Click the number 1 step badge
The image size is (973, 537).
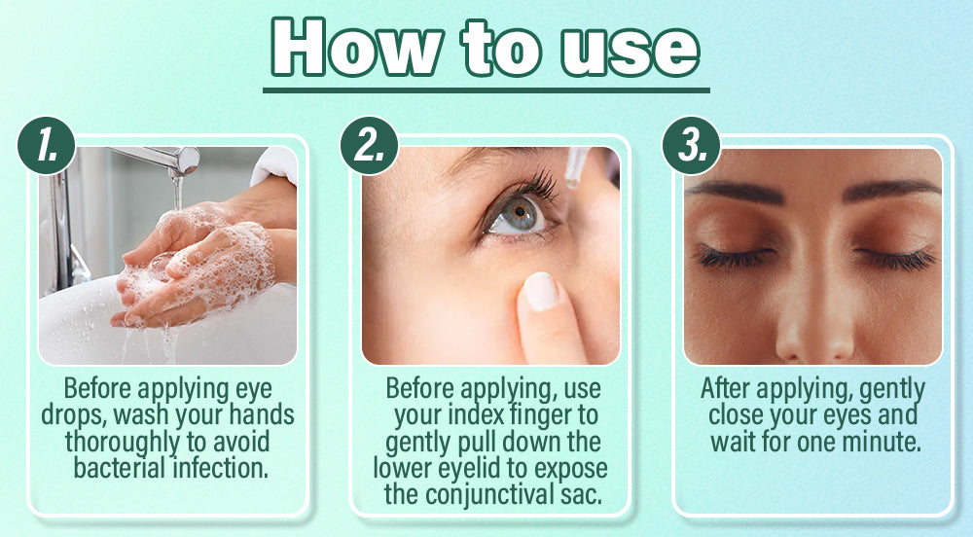click(47, 146)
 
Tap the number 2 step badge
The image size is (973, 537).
click(369, 146)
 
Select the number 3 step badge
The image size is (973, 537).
click(691, 146)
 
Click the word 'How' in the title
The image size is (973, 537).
click(357, 48)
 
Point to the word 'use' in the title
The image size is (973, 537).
click(630, 54)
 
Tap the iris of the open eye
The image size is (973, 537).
click(520, 214)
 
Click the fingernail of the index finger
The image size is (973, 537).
click(540, 292)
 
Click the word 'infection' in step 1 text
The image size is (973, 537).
click(221, 468)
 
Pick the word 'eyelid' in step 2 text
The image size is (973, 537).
click(475, 469)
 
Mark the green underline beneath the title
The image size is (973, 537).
click(486, 90)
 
